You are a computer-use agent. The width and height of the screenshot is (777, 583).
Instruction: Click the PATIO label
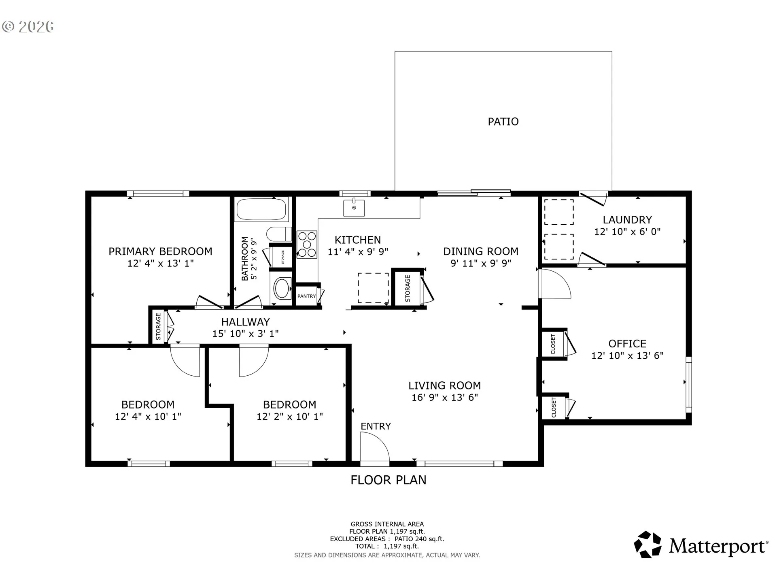[x=503, y=121]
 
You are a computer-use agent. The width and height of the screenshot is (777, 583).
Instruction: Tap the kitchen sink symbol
[x=354, y=208]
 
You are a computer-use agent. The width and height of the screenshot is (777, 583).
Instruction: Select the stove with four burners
[x=307, y=244]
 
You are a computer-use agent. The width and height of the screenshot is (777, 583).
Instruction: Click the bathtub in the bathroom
[x=261, y=209]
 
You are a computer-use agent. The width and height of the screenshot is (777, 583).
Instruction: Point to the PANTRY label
[x=306, y=296]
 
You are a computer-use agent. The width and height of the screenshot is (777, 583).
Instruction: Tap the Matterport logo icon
[x=647, y=545]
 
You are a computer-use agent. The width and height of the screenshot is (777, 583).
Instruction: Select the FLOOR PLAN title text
[x=388, y=480]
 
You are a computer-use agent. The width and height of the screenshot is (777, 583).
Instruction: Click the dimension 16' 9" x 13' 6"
[x=445, y=398]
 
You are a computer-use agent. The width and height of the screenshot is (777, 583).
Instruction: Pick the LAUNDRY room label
[x=627, y=220]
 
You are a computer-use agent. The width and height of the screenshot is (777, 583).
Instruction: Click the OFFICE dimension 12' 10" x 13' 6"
[x=627, y=355]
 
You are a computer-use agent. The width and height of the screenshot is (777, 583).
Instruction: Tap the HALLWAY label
[x=245, y=322]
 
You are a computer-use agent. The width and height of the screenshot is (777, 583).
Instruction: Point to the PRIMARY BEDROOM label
[x=160, y=251]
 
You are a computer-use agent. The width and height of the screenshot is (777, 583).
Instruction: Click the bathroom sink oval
[x=282, y=288]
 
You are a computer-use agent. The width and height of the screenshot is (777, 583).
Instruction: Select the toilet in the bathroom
[x=279, y=234]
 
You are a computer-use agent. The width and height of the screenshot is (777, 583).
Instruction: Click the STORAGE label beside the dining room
[x=408, y=288]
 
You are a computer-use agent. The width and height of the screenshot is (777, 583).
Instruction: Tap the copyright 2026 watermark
[x=28, y=27]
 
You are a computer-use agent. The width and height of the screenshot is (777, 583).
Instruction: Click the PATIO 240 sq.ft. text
[x=419, y=539]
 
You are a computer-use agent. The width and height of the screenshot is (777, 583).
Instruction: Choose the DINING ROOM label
[x=481, y=251]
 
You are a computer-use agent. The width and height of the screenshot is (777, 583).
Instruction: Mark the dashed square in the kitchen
[x=373, y=288]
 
